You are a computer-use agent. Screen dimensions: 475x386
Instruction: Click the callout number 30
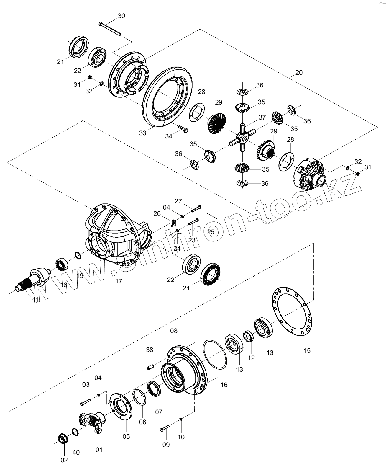[x=121, y=16]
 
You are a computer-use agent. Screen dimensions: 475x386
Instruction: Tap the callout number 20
[x=299, y=73]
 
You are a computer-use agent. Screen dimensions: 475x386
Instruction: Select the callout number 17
[x=119, y=281]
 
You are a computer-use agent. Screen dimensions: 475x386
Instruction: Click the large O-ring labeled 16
[x=215, y=354]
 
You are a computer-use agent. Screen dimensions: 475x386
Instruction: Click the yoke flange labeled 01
[x=92, y=422]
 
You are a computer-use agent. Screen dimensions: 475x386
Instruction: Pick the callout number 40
[x=76, y=453]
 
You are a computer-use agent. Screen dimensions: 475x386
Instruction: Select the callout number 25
[x=211, y=232]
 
